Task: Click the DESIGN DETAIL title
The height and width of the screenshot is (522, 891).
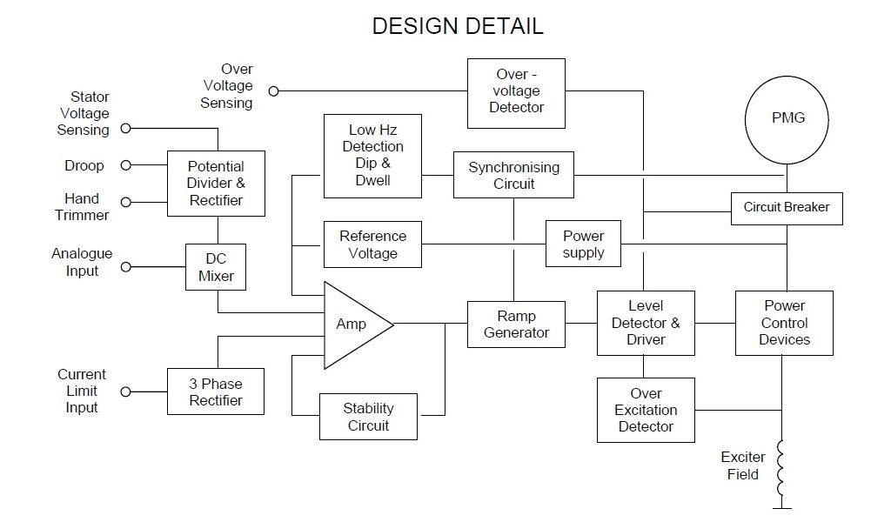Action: pos(458,26)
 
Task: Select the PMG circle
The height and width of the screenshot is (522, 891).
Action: pos(787,118)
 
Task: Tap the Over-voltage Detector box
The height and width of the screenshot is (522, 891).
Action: pos(516,91)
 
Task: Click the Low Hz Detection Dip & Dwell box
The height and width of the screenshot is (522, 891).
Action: pos(372,155)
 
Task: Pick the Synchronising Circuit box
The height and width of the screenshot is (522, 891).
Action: pos(513,175)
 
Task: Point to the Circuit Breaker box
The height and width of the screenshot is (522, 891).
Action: pos(786,207)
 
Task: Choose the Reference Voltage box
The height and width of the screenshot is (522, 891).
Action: pos(372,244)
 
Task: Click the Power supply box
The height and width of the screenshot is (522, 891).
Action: pos(583,244)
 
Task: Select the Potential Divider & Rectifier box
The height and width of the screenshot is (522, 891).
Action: pos(216,183)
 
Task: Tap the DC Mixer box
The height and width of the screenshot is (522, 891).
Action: pos(216,267)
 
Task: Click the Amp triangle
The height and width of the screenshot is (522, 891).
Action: pos(353,325)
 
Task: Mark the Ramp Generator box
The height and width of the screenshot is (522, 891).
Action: pos(516,325)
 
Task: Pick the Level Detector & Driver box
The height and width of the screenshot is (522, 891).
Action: pos(646,323)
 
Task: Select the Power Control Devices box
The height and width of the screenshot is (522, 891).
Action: pos(784,323)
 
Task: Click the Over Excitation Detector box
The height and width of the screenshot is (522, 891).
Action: pos(646,410)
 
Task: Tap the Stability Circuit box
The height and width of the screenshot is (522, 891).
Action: pos(368,417)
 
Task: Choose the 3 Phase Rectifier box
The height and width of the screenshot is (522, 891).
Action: pos(216,392)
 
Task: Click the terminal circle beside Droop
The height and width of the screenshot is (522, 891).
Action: pos(125,165)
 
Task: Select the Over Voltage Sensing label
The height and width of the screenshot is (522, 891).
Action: pos(227,86)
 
